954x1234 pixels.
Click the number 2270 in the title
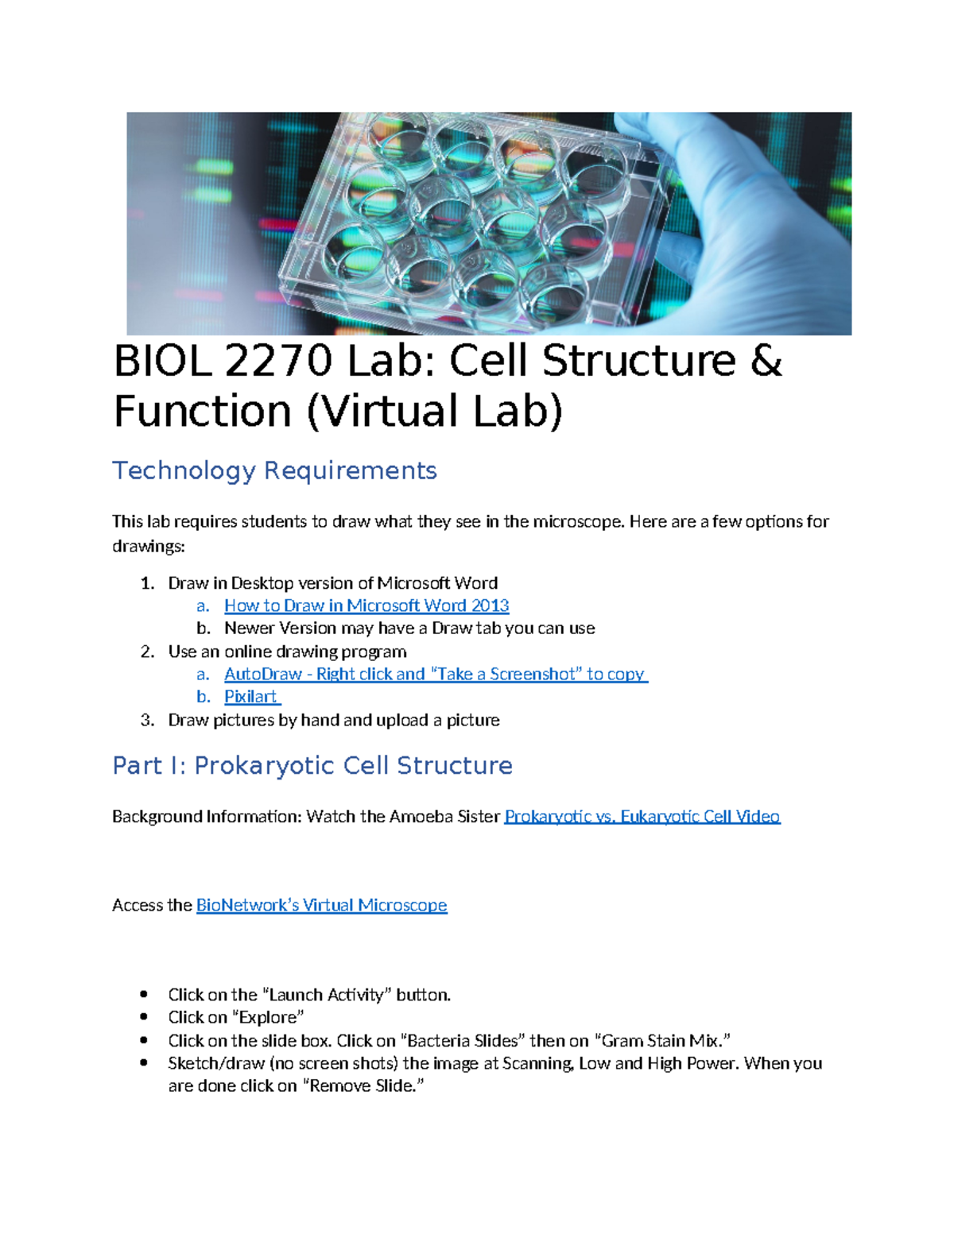(278, 362)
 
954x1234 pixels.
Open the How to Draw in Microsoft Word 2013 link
(366, 605)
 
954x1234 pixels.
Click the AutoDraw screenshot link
(436, 674)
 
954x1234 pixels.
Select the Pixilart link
(251, 697)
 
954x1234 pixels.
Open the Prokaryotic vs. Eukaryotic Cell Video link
(642, 816)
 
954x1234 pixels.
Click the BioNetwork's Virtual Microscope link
(321, 905)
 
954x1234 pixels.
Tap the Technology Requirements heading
(274, 470)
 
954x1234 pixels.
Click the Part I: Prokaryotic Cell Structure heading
(312, 765)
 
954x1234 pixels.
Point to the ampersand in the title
(766, 362)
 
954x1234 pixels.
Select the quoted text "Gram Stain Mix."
(662, 1041)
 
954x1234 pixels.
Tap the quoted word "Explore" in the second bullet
(269, 1018)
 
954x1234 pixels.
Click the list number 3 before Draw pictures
(146, 720)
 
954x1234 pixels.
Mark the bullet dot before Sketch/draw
(144, 1063)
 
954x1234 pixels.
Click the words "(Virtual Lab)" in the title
(435, 412)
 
